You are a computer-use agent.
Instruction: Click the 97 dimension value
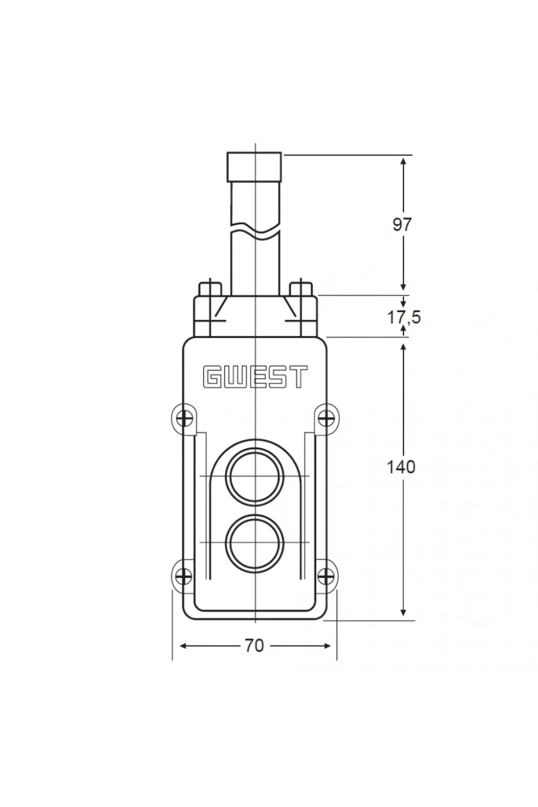click(x=402, y=225)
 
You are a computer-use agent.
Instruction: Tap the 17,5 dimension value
click(x=403, y=317)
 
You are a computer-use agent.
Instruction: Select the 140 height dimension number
click(x=401, y=467)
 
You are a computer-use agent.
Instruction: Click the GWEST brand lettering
click(x=255, y=377)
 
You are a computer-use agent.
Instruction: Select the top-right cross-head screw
click(x=325, y=419)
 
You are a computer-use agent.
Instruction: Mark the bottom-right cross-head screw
click(x=325, y=576)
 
